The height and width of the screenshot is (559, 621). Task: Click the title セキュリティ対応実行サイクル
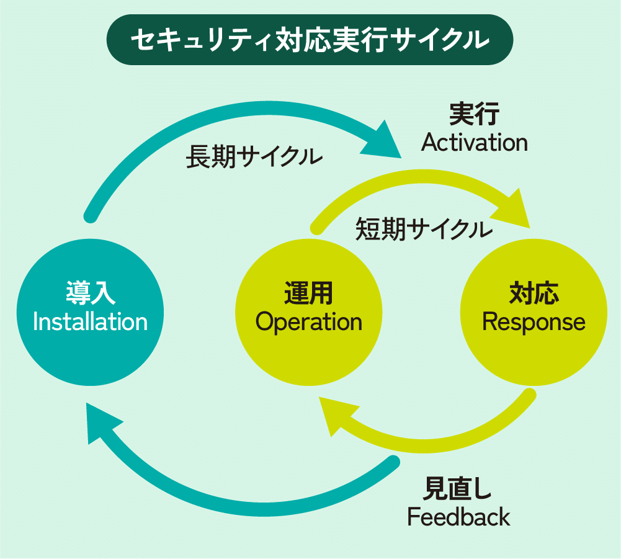point(310,40)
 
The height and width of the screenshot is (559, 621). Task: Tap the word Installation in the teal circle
point(90,322)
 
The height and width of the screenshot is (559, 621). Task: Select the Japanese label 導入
point(90,293)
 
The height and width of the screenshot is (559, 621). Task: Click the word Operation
point(308,322)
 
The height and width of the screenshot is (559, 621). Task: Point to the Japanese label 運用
point(308,293)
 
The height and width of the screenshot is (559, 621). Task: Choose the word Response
point(534,322)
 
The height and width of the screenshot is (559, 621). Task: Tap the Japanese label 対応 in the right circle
point(534,293)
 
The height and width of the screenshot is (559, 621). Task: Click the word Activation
point(475,143)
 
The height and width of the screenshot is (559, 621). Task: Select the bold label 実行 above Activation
point(475,115)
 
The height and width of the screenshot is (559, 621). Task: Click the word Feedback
point(458,517)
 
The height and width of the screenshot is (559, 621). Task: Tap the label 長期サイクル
point(254,157)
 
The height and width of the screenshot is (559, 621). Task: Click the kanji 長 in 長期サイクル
point(197,157)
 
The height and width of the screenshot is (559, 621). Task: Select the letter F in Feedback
point(413,517)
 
